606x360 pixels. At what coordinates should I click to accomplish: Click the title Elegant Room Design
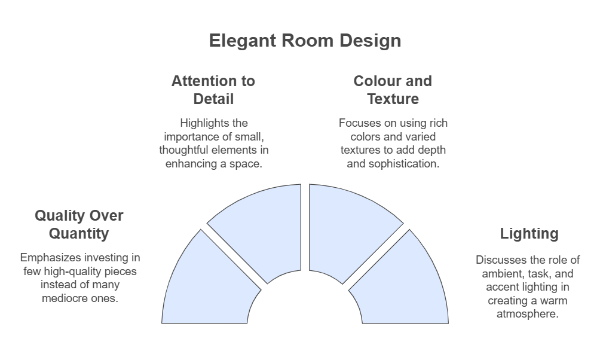pos(305,41)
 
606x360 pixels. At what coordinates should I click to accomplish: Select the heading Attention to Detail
pos(213,90)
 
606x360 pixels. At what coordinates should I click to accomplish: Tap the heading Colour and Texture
pos(393,90)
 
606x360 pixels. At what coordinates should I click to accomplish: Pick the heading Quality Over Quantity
pos(79,224)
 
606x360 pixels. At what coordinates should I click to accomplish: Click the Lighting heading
pos(529,234)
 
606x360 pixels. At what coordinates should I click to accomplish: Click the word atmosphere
pos(528,313)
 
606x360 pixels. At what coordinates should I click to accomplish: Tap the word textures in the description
pos(358,150)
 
